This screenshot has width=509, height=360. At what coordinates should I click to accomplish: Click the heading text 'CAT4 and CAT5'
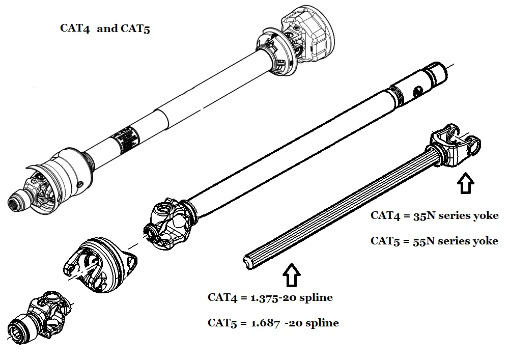coord(105,29)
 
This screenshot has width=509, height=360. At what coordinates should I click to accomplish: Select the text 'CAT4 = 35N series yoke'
coord(434,215)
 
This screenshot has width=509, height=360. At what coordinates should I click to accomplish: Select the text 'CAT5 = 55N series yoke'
coord(434,241)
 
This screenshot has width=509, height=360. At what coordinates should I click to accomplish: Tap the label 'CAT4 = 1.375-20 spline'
coord(270,298)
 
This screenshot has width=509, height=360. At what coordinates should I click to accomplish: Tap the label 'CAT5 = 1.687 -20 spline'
coord(273,323)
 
